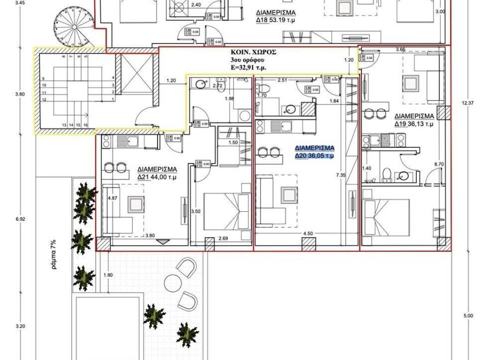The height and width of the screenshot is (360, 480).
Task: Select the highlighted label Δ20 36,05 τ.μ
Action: pyautogui.click(x=314, y=152)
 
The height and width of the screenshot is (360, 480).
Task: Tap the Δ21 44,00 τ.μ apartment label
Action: pyautogui.click(x=157, y=173)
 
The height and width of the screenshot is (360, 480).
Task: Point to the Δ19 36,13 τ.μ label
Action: pyautogui.click(x=414, y=120)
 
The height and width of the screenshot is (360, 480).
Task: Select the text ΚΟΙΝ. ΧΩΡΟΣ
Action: pyautogui.click(x=254, y=53)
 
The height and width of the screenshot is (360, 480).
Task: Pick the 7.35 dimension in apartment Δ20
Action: pyautogui.click(x=340, y=175)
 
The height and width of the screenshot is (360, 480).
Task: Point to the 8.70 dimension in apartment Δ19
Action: pyautogui.click(x=439, y=164)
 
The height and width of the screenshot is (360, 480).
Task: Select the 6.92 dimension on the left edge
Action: pyautogui.click(x=19, y=219)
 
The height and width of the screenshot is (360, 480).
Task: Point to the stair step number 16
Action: pyautogui.click(x=86, y=125)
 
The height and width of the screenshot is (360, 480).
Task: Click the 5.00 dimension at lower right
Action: pyautogui.click(x=468, y=316)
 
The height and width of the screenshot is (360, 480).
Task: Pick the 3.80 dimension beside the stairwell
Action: pyautogui.click(x=19, y=94)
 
